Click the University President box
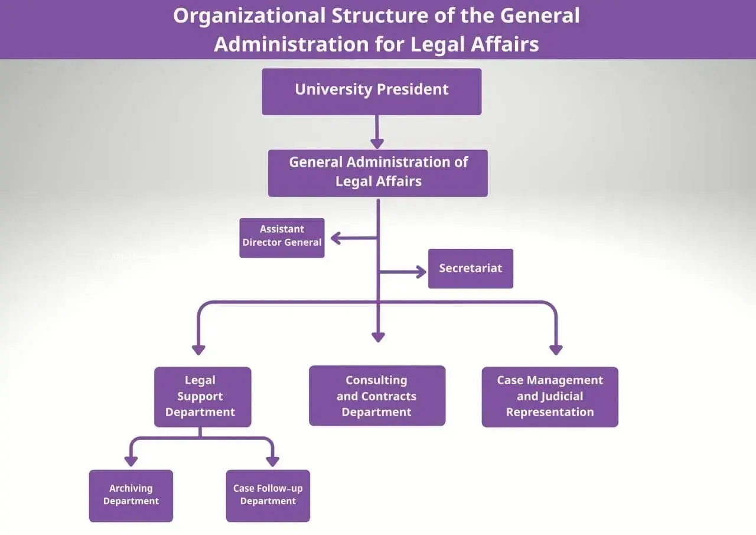pos(372,91)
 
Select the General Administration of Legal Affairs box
pos(378,173)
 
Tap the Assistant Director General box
pos(282,238)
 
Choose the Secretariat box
pos(470,268)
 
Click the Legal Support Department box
pos(203,397)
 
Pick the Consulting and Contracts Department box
pos(377,395)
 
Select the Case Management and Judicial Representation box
pos(550,397)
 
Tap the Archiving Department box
pos(131,495)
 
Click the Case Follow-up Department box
pos(268,495)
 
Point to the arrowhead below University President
pos(377,143)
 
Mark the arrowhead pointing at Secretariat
pos(421,272)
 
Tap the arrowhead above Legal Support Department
pos(198,349)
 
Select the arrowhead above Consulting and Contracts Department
pos(378,337)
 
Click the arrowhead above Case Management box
pos(556,349)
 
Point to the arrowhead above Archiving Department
pos(131,461)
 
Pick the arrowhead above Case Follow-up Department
pos(272,461)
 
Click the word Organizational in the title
pos(248,16)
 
